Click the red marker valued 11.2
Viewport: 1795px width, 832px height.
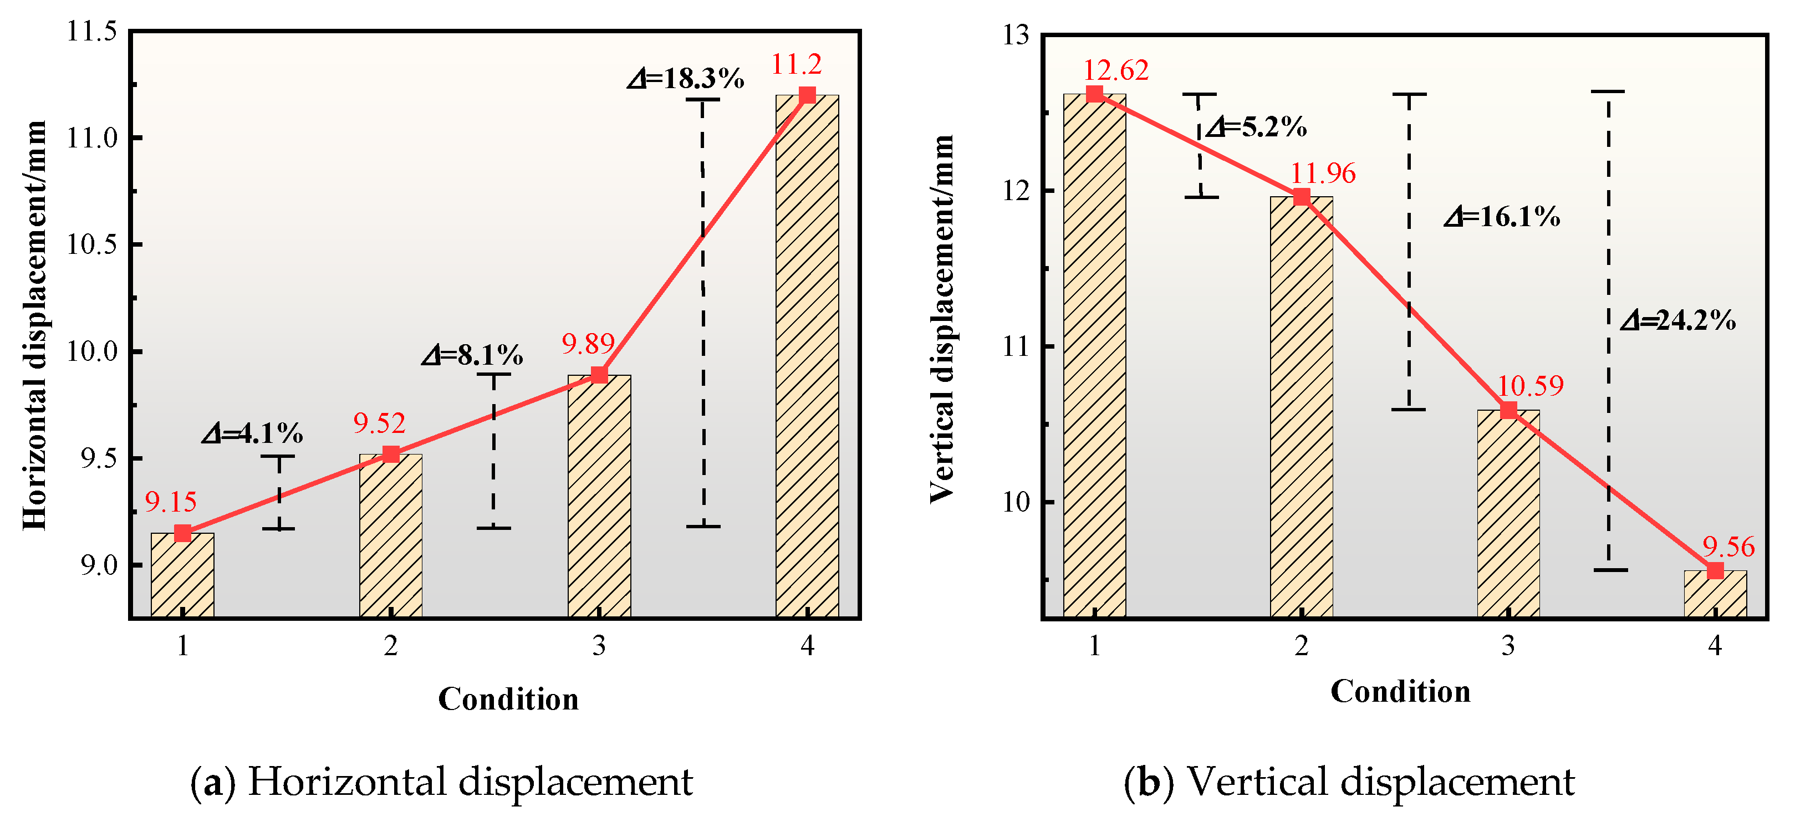pos(807,95)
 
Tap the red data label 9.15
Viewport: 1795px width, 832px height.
pos(171,502)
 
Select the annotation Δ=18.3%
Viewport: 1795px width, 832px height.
pos(686,79)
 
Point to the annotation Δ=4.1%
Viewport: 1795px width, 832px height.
pos(252,434)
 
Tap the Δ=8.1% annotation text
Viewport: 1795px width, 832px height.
pos(472,356)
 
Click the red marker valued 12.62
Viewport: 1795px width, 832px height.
pos(1095,94)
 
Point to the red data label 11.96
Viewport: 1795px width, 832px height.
pos(1323,173)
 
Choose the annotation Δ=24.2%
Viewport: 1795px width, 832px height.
pos(1677,320)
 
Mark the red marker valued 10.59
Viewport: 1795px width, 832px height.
pos(1508,410)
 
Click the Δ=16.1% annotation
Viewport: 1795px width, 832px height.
pos(1502,217)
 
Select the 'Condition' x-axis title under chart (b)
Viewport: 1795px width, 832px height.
pos(1401,692)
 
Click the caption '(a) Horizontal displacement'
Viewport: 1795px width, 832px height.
pos(442,781)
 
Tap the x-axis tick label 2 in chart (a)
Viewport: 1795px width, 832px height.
pos(391,647)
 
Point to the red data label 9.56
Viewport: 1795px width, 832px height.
pos(1729,547)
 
